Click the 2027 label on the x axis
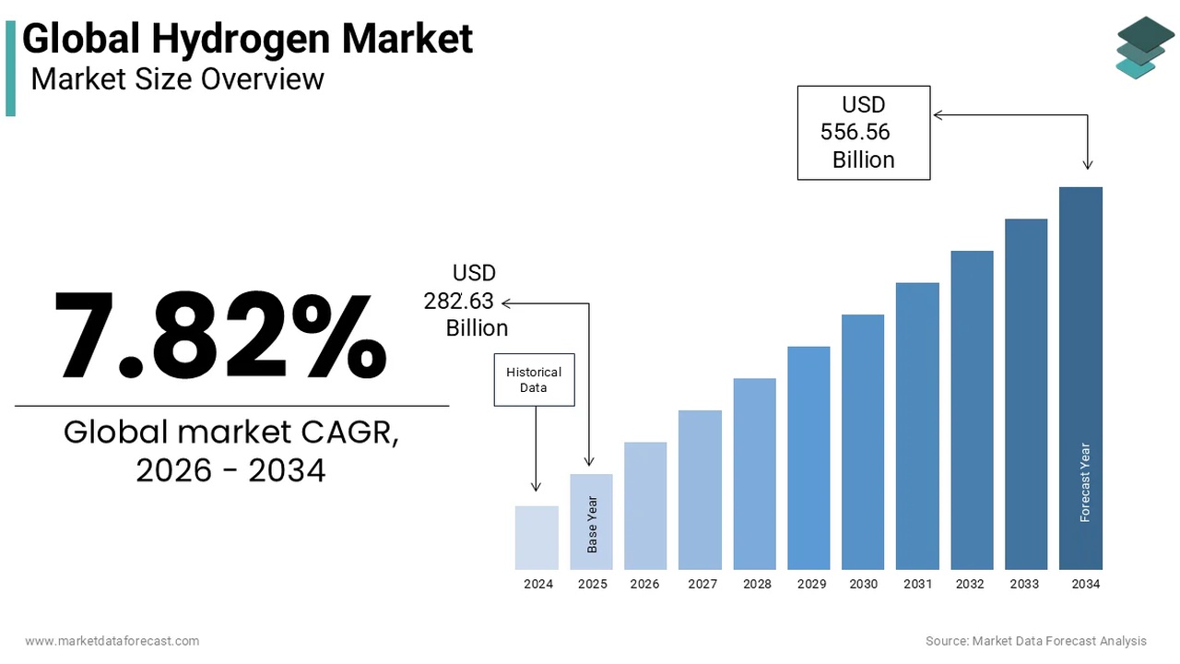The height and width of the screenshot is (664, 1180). pyautogui.click(x=702, y=584)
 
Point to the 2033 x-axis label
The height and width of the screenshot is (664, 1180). pyautogui.click(x=1024, y=584)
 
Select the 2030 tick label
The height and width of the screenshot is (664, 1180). pyautogui.click(x=864, y=584)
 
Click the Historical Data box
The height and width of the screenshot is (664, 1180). pyautogui.click(x=534, y=379)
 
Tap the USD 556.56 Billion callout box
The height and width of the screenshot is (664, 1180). pyautogui.click(x=863, y=133)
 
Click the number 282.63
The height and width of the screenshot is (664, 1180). pyautogui.click(x=459, y=301)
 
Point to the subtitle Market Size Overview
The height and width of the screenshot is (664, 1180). pyautogui.click(x=177, y=79)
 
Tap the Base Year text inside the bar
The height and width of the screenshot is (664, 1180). pyautogui.click(x=593, y=525)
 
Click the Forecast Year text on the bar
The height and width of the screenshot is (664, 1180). pyautogui.click(x=1085, y=482)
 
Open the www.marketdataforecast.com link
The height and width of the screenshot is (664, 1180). pyautogui.click(x=112, y=640)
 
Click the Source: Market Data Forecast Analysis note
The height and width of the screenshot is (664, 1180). pyautogui.click(x=1036, y=640)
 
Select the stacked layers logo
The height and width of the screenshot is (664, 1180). pyautogui.click(x=1145, y=47)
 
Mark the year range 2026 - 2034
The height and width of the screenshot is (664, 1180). pyautogui.click(x=230, y=470)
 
